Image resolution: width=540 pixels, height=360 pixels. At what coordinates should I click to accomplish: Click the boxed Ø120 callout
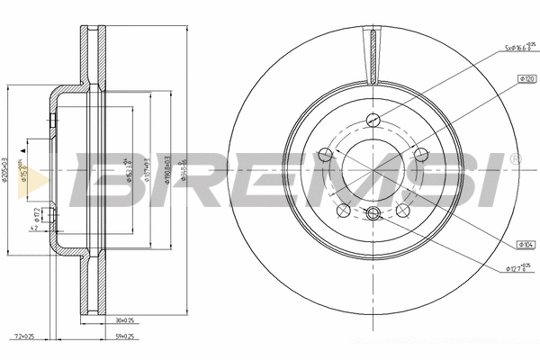click(526, 80)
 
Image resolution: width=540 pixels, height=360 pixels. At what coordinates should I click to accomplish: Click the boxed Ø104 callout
click(526, 244)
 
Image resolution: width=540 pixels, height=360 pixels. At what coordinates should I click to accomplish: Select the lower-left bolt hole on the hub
click(344, 211)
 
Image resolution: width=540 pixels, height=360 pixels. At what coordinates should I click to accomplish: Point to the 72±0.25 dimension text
click(24, 337)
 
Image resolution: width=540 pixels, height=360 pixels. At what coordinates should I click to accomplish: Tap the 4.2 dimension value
click(33, 230)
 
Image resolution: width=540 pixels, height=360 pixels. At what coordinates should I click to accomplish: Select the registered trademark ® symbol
click(514, 159)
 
